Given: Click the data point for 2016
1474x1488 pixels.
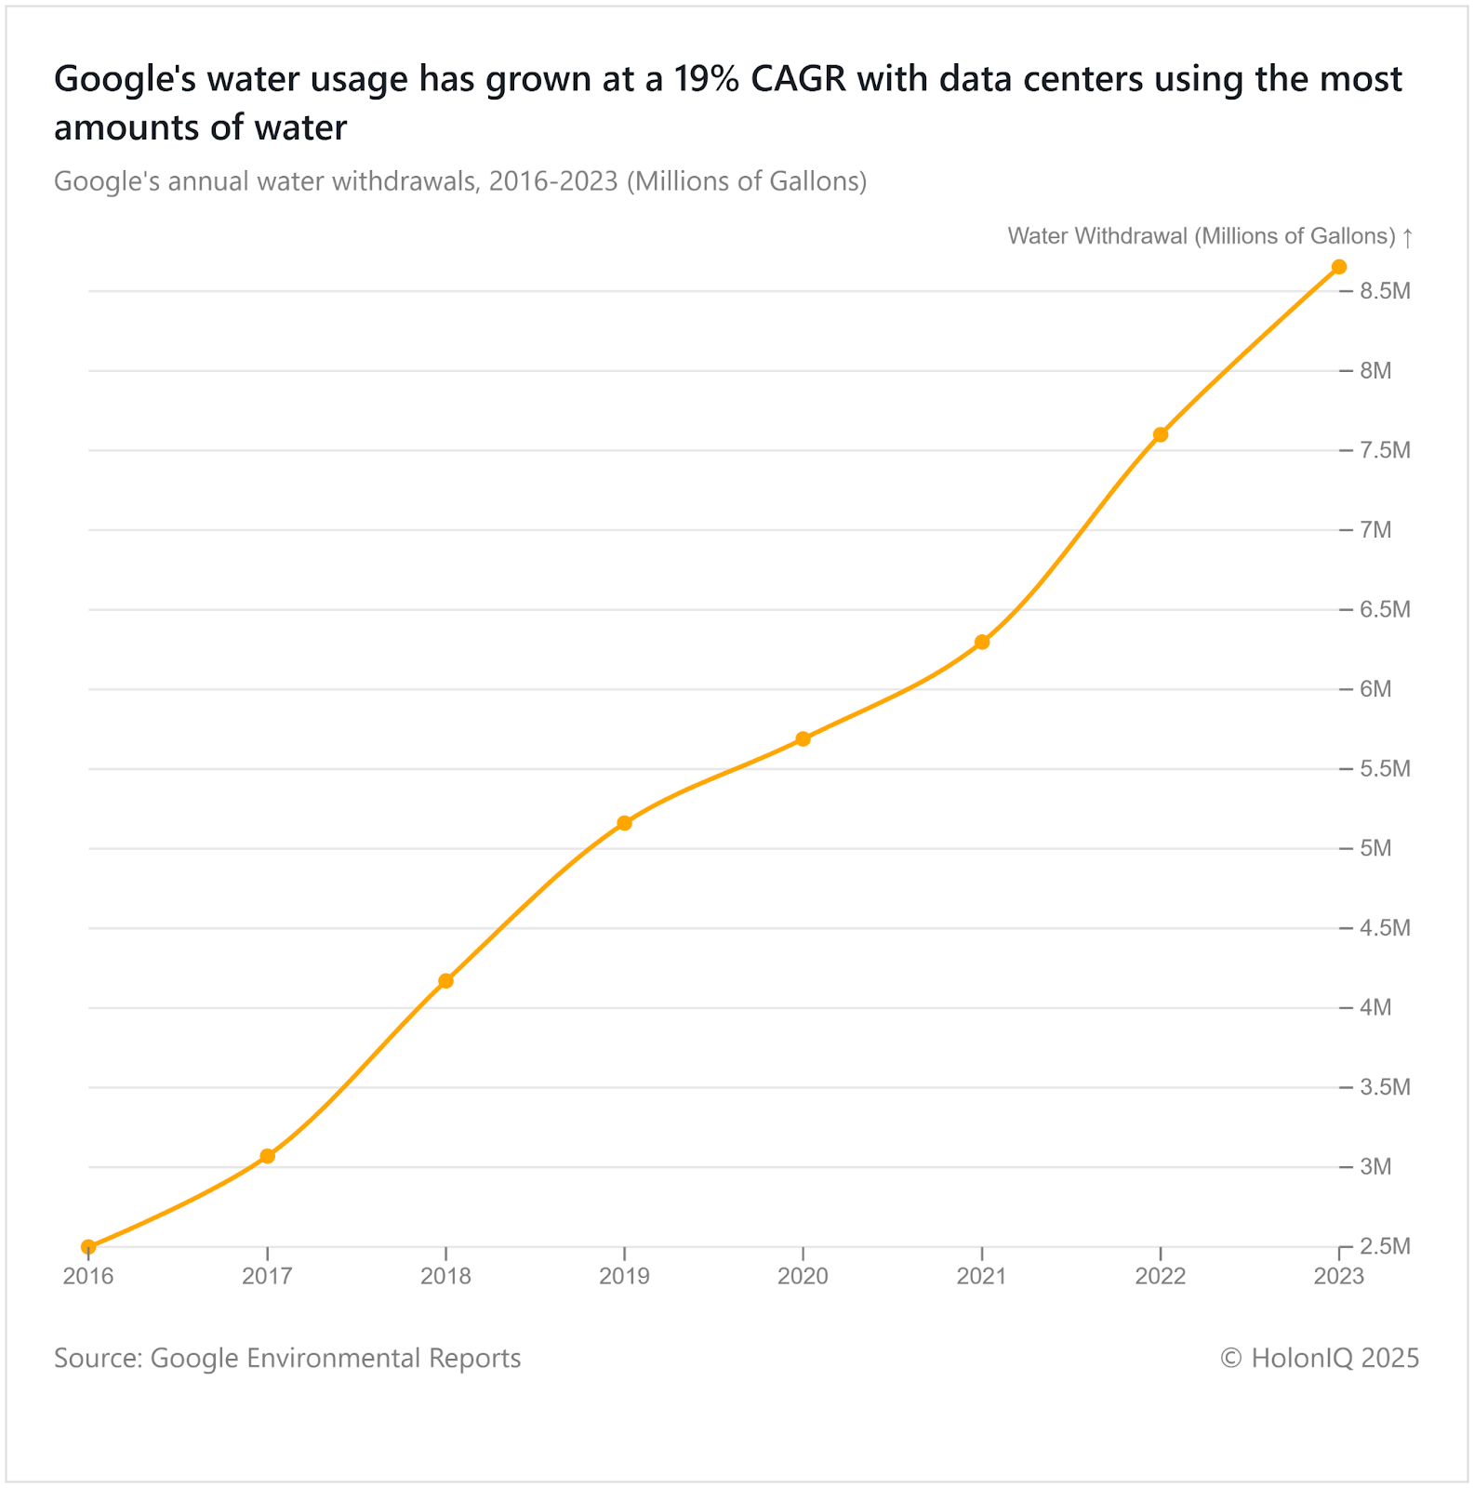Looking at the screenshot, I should [x=88, y=1246].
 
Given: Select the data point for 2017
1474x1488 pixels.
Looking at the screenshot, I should [x=267, y=1156].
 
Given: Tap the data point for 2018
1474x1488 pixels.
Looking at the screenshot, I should [x=445, y=981].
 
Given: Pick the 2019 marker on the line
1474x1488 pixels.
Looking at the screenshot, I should [x=625, y=823].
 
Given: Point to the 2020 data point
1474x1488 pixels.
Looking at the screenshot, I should [x=803, y=739].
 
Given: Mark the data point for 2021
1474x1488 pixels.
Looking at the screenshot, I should [x=982, y=642].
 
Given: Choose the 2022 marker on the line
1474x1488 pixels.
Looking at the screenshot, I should [x=1161, y=434].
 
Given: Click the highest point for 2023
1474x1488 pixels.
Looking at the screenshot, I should [x=1339, y=267].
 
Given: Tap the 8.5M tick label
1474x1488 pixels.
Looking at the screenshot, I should [x=1385, y=291].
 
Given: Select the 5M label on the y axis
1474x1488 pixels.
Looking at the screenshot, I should [x=1375, y=848].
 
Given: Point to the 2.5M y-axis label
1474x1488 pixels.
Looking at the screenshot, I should [x=1385, y=1246].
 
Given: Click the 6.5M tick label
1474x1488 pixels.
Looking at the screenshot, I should [x=1385, y=610].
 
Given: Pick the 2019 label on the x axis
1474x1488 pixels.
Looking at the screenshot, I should [x=625, y=1276].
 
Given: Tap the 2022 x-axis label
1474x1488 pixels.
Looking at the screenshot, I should [x=1161, y=1276].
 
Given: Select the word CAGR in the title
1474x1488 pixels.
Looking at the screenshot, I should [x=799, y=80].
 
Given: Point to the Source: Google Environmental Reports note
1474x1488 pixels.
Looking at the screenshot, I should [x=287, y=1358].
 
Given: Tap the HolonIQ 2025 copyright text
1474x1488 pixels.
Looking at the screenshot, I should [x=1320, y=1358].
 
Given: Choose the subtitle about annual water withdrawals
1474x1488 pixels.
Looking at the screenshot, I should [x=460, y=180].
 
